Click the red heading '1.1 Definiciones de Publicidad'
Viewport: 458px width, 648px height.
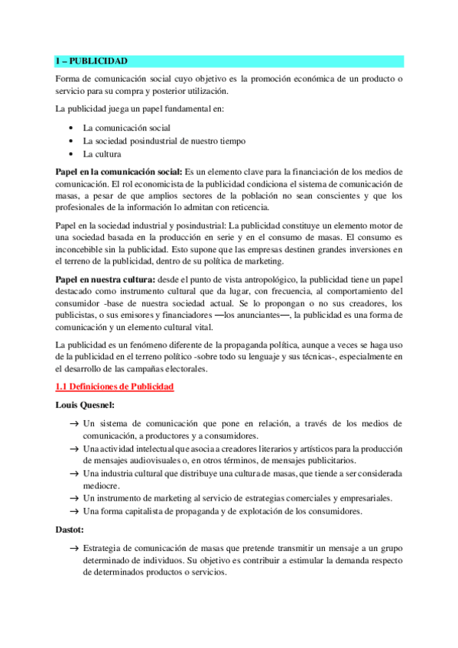click(115, 387)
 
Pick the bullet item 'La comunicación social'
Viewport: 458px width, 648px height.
click(126, 128)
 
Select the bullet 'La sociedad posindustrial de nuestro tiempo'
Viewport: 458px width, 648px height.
click(165, 141)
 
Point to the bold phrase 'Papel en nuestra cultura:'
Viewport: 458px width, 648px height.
click(105, 279)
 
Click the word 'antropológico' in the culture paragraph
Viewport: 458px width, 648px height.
click(302, 279)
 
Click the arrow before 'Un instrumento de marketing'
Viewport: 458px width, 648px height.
click(73, 498)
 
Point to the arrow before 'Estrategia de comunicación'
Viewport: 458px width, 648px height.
click(73, 548)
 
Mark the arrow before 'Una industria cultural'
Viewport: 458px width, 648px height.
click(73, 474)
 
